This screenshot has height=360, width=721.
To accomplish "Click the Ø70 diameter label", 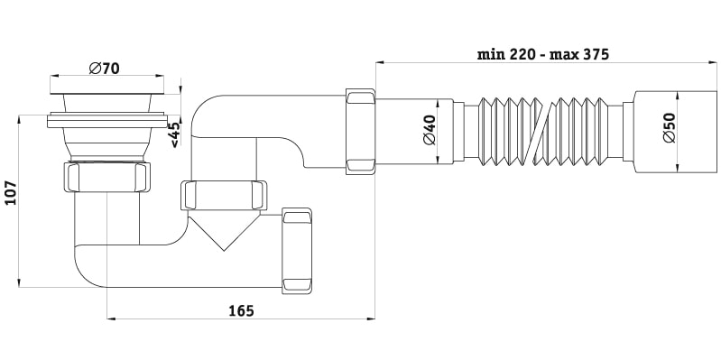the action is tap(104, 69).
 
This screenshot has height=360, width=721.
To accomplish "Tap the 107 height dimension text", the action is tap(10, 193).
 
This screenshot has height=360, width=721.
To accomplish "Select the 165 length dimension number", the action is tap(242, 310).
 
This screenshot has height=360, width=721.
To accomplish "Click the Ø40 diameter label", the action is tap(429, 130).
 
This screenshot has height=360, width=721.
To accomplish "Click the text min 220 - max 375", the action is tap(543, 54).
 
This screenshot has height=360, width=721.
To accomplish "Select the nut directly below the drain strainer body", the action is tap(106, 176).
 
